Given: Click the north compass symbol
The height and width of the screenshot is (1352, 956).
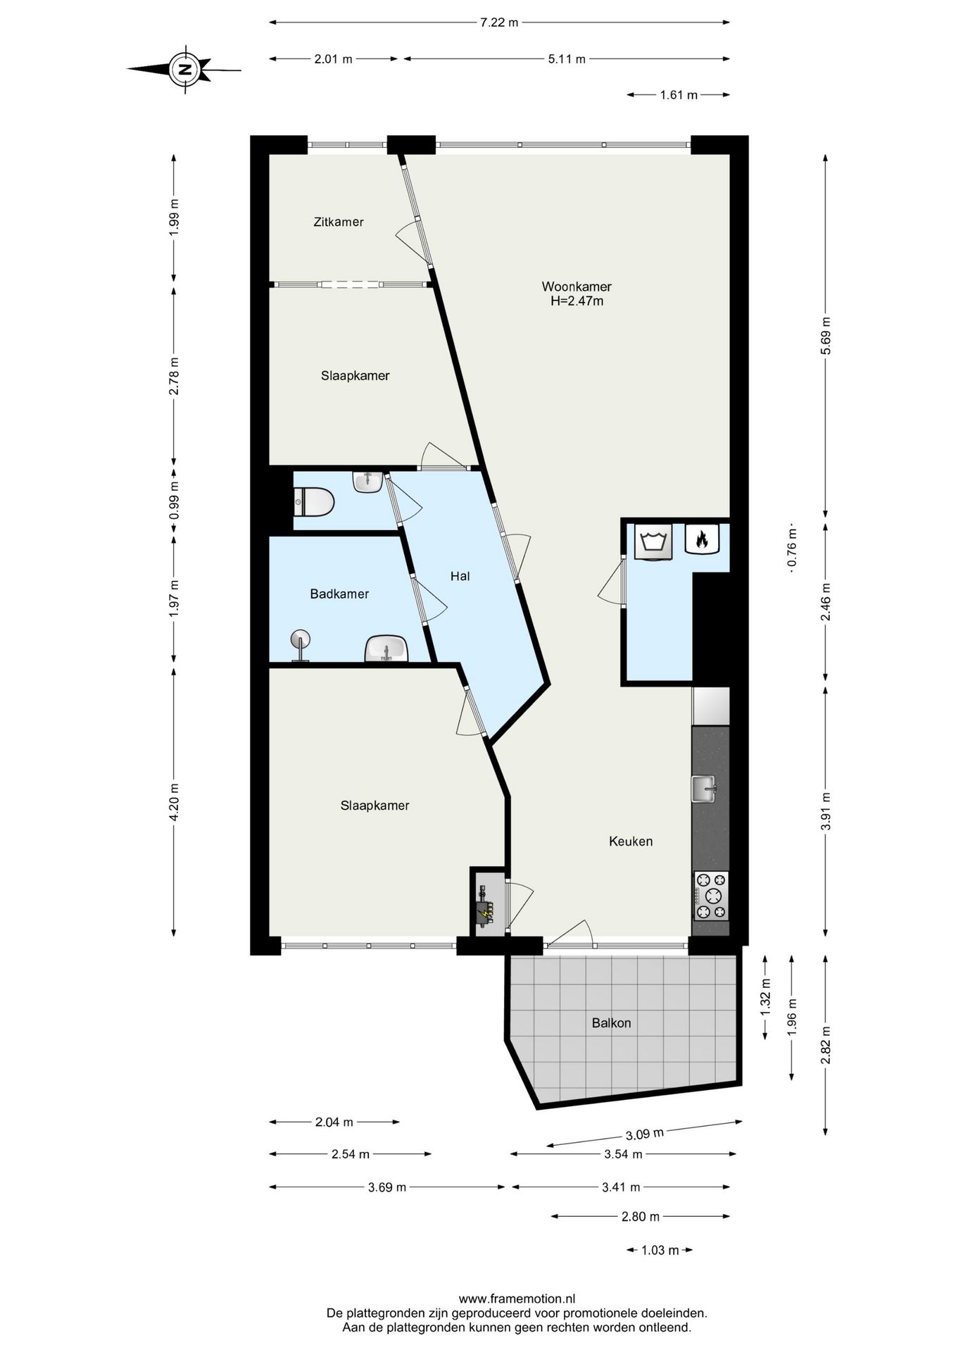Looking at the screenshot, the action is click(184, 69).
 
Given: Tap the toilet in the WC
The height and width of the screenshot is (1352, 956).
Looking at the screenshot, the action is click(314, 503).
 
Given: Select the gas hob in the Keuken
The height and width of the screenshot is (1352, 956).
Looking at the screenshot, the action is click(711, 896).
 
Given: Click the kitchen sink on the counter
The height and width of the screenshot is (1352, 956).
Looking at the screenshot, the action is click(703, 788).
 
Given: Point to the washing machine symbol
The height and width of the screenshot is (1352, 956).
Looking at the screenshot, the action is click(654, 542).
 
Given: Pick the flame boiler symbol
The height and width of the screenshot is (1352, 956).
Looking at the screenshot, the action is click(702, 539).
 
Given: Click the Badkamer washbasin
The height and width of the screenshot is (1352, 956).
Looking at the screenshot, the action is click(386, 649).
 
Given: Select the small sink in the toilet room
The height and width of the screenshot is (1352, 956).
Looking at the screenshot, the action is click(368, 482).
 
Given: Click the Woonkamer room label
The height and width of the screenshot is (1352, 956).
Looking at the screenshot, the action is click(577, 287).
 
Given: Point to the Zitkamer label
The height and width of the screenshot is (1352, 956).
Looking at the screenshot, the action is click(339, 222).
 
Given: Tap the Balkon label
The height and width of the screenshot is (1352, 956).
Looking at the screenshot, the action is click(611, 1022).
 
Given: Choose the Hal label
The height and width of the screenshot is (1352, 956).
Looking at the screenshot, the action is click(460, 576).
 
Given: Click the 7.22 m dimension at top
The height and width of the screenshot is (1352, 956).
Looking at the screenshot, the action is click(499, 23).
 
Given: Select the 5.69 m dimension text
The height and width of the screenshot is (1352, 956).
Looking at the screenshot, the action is click(826, 337).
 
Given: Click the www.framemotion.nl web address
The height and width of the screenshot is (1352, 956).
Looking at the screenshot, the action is click(517, 1298).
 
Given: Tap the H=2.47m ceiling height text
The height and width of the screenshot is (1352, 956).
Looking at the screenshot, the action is click(577, 301).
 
